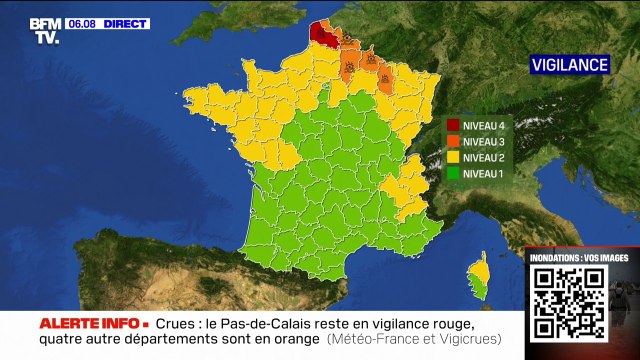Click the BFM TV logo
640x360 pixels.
pos(43,30)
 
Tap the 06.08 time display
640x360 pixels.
pos(82,23)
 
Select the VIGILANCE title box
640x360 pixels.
pos(569,65)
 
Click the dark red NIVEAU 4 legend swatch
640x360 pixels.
pos(453,126)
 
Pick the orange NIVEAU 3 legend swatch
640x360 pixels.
pos(453,142)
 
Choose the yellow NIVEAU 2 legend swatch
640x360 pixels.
pos(453,158)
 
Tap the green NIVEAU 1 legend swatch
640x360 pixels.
pos(453,174)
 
